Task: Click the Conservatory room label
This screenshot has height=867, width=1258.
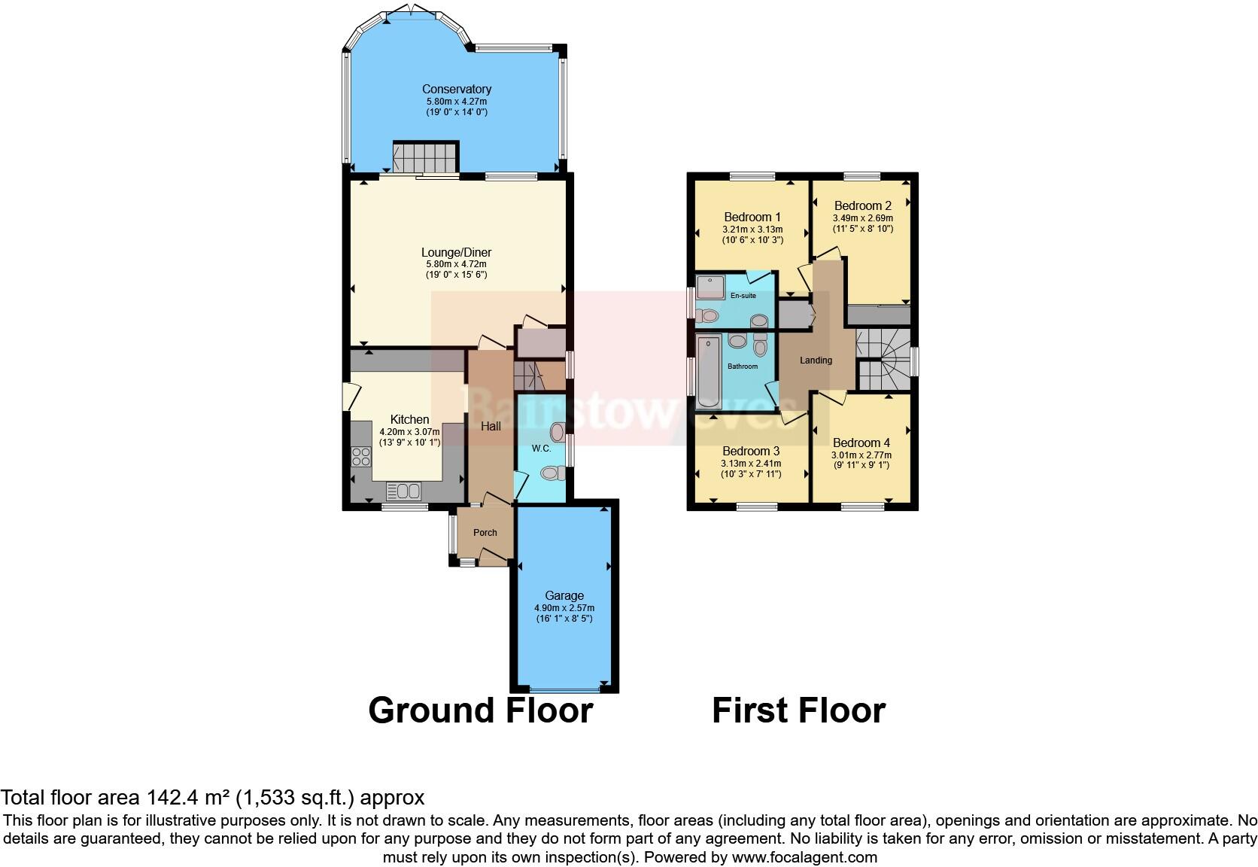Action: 456,89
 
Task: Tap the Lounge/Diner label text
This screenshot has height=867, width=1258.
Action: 456,253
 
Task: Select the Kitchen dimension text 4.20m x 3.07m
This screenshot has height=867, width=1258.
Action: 409,432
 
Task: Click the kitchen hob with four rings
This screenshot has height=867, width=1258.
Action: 360,457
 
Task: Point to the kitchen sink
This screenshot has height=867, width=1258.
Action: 404,491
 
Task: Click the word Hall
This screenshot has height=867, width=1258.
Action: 491,427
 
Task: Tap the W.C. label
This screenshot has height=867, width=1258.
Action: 541,449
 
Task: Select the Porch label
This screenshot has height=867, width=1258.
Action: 485,533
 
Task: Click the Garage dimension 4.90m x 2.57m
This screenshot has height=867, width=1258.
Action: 564,608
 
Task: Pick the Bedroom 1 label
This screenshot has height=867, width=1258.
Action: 752,218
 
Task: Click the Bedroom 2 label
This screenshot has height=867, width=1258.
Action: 862,206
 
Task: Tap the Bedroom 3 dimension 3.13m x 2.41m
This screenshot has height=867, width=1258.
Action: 750,464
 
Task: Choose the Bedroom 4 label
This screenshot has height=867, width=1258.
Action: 861,443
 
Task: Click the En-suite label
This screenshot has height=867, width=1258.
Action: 743,296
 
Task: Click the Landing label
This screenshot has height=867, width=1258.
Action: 816,360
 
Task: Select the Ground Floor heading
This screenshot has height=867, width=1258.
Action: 480,710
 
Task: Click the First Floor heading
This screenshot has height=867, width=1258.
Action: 798,710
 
